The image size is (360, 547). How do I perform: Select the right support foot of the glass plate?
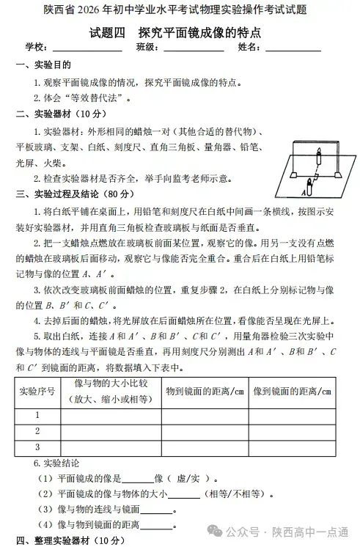coord(339,174)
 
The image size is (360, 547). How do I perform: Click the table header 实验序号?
coord(37,392)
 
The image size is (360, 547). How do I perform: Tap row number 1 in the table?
coord(37,415)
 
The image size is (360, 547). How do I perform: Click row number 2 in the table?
coord(37,431)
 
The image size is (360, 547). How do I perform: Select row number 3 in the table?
coord(37,447)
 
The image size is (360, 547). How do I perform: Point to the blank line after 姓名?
coord(293,49)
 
